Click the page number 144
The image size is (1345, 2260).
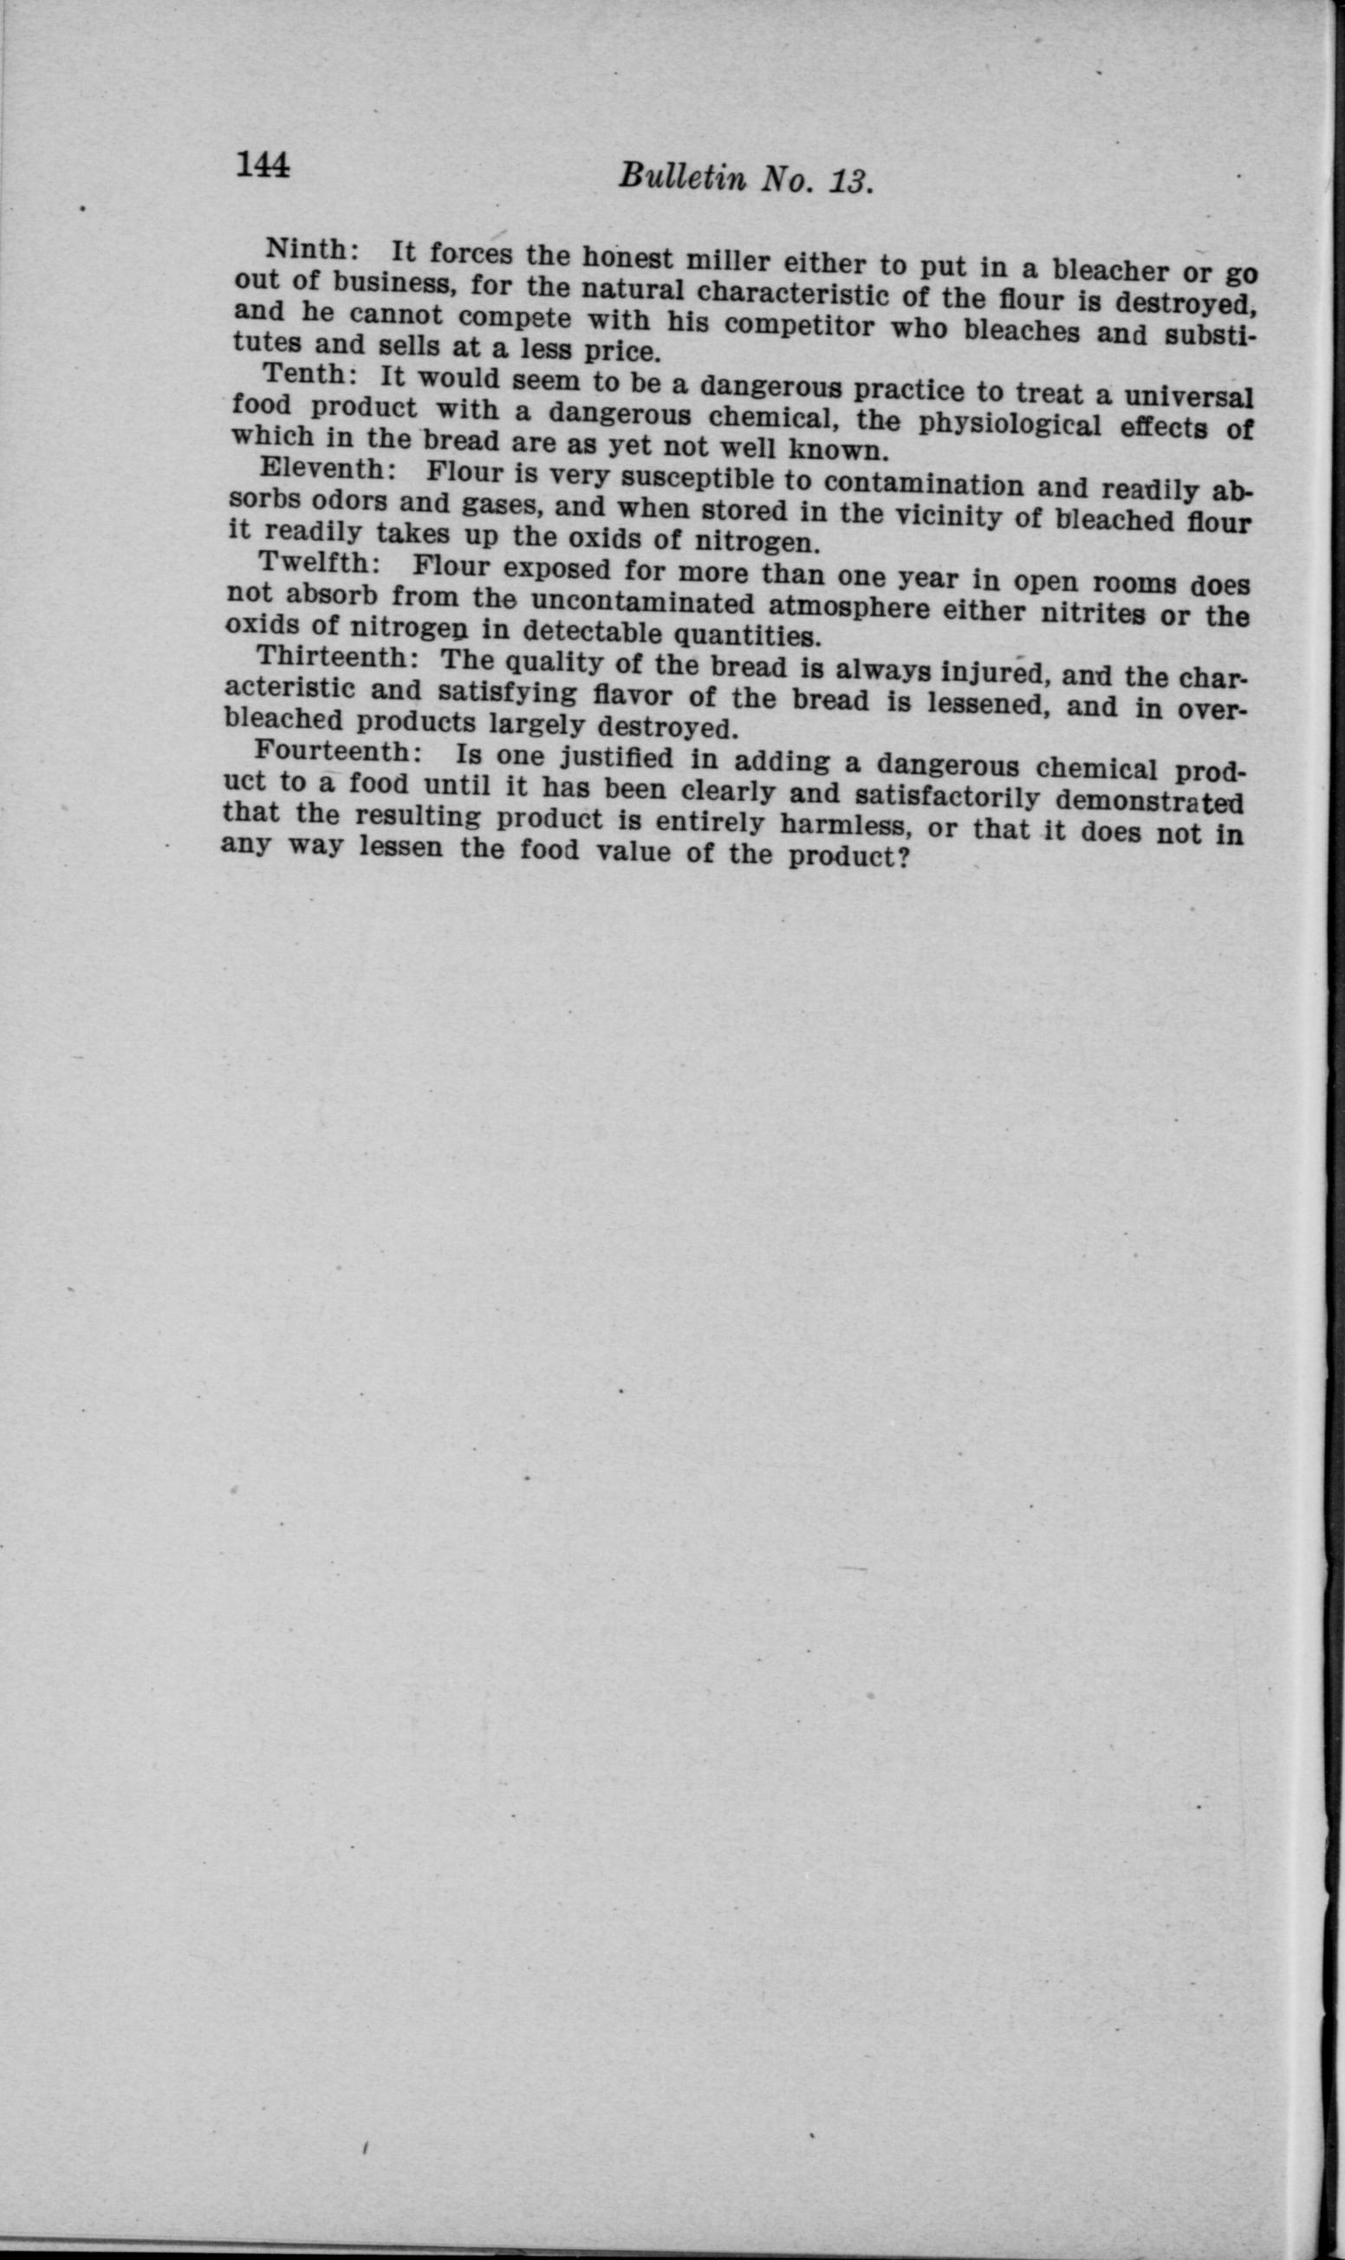tap(262, 165)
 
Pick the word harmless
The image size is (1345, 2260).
tap(881, 827)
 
